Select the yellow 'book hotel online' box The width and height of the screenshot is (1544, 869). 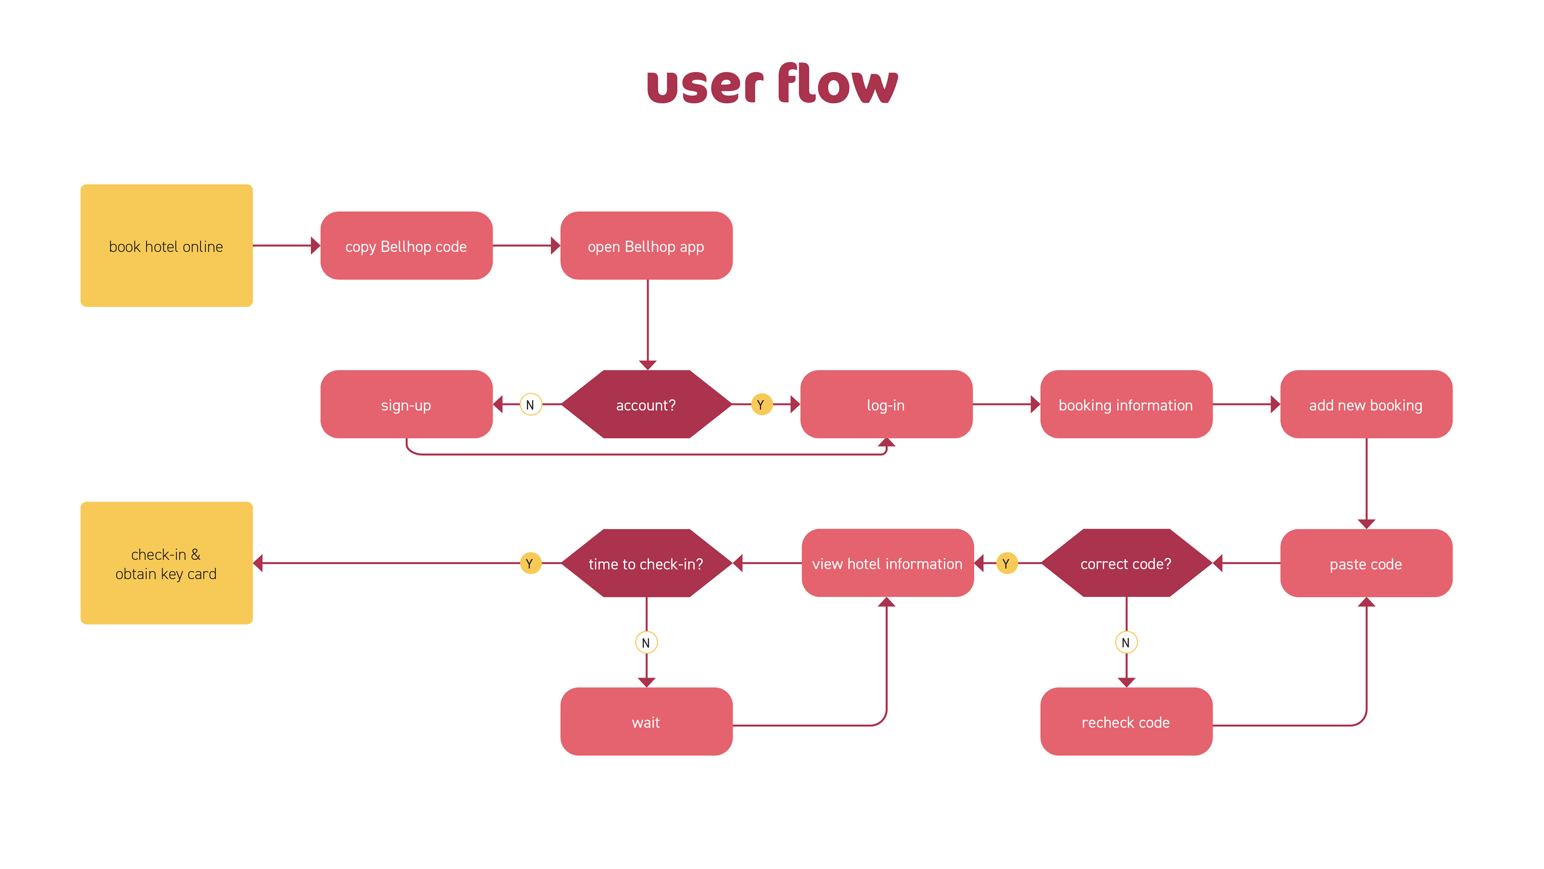pos(166,246)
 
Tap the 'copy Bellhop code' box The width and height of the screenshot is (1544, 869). pos(407,246)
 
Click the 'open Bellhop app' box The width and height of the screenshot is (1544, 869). pos(646,246)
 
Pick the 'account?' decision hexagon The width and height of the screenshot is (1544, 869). pos(646,405)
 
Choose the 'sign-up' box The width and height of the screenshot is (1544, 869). pos(407,405)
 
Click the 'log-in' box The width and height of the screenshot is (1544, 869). pos(886,405)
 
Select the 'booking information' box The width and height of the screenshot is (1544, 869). pos(1126,405)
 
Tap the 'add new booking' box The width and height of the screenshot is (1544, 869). pos(1366,405)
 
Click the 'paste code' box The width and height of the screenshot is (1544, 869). pos(1366,563)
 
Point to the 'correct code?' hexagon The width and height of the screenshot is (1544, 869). pos(1126,563)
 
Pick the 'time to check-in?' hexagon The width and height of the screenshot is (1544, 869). pos(646,563)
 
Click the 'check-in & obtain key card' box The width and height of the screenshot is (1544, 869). pos(166,563)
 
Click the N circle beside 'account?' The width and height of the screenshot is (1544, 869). pos(530,405)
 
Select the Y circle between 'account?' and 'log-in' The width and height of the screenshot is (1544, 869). pos(761,405)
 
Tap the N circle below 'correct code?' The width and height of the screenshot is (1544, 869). pos(1126,643)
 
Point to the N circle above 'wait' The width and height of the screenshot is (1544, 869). pos(646,643)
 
